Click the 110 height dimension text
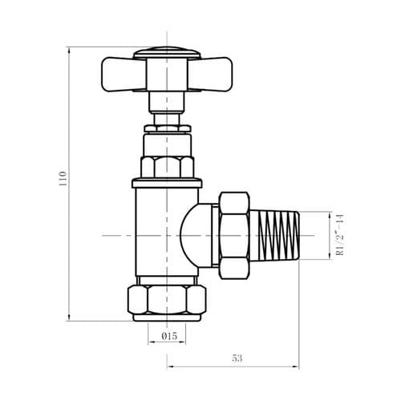click(x=62, y=177)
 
